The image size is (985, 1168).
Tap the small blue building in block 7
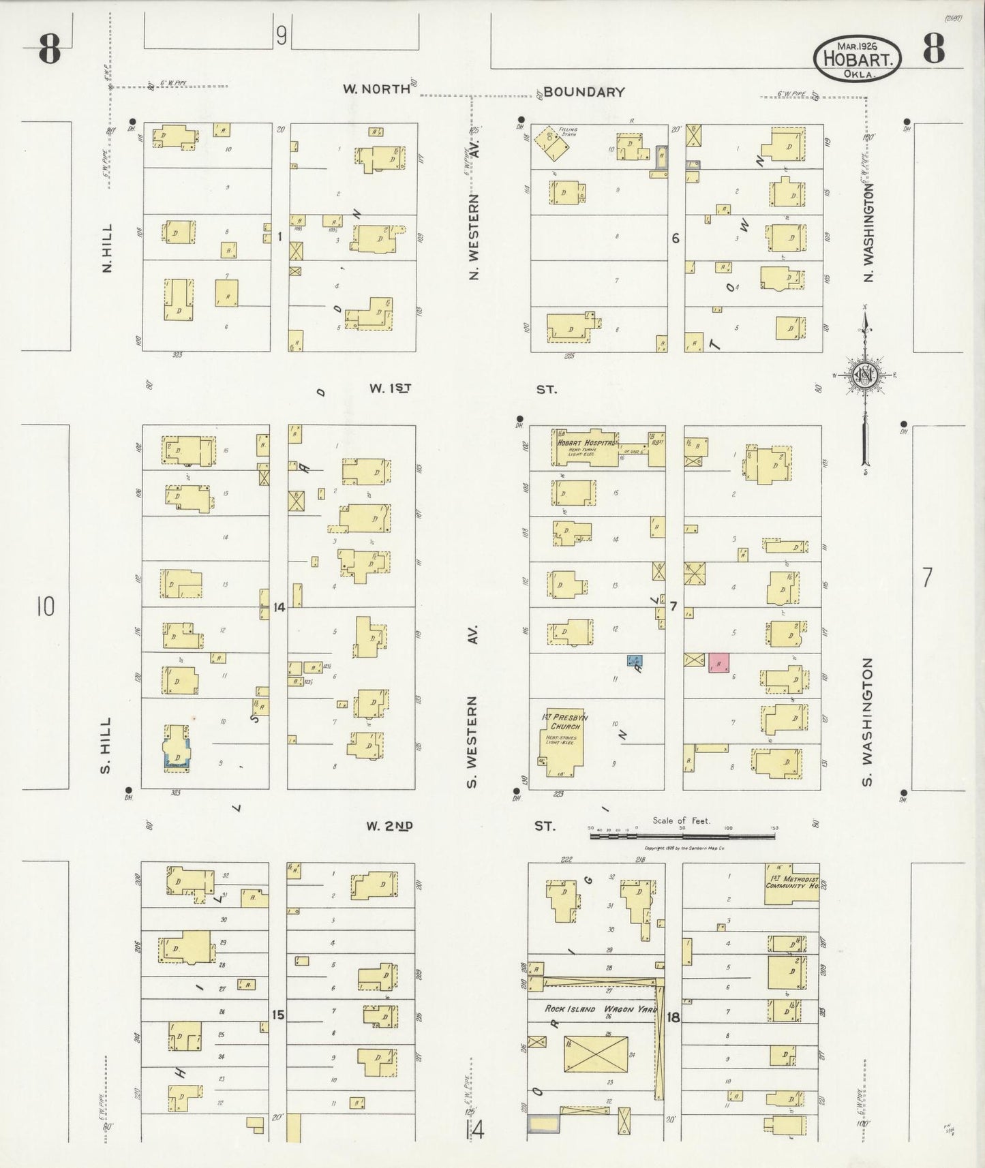[x=635, y=660]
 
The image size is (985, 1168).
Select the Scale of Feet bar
[x=681, y=835]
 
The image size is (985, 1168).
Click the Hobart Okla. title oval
[x=858, y=59]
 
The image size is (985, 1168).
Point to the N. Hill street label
[x=107, y=249]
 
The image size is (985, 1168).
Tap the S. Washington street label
[x=868, y=721]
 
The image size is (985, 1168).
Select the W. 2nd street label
[x=389, y=826]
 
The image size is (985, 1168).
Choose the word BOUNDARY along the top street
[x=584, y=92]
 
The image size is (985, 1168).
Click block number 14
[x=278, y=606]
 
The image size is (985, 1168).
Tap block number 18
[x=673, y=1017]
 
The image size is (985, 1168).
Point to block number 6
[x=675, y=238]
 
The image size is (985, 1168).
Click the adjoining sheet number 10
[x=45, y=606]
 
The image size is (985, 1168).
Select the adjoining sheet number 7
[x=926, y=578]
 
